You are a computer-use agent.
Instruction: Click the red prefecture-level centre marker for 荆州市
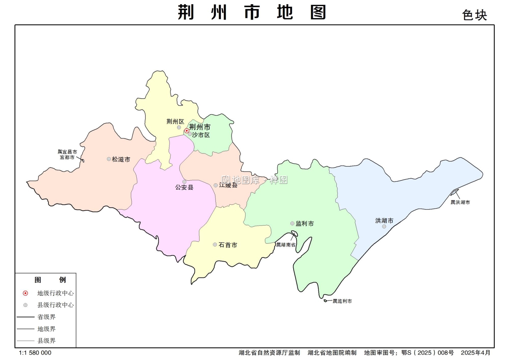point(187,131)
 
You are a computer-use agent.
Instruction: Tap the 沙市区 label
point(201,135)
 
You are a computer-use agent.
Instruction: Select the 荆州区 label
point(175,122)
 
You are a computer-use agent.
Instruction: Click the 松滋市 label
point(121,159)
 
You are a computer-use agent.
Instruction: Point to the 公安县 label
point(184,187)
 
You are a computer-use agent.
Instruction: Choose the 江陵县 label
point(228,185)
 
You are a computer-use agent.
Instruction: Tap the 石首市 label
point(228,245)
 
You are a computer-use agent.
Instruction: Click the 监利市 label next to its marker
point(305,223)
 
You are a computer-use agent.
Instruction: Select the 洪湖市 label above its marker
point(384,221)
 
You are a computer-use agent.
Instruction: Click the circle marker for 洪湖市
point(384,227)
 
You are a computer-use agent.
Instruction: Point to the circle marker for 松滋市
point(109,159)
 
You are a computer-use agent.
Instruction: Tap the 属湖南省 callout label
point(286,245)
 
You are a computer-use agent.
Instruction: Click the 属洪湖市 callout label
point(460,202)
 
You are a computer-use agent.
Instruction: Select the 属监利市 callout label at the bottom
point(342,301)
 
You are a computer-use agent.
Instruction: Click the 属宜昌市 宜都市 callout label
point(67,155)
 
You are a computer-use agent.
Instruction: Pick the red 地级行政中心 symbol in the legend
point(25,293)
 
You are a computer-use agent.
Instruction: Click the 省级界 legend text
point(46,317)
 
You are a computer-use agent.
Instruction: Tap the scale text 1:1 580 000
point(35,353)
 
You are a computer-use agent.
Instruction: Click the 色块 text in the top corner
point(474,15)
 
